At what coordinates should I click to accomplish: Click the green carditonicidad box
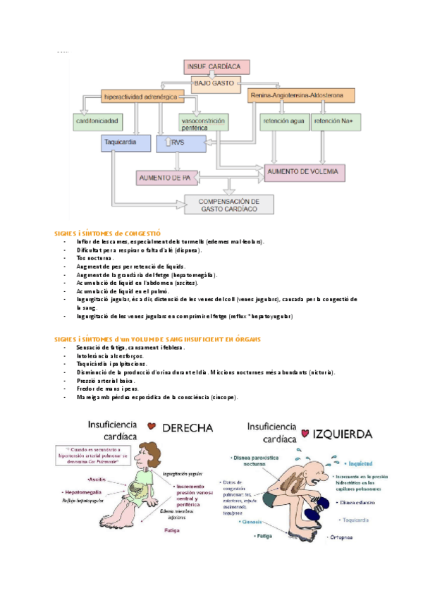[x=102, y=121]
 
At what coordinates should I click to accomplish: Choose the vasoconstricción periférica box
[x=203, y=122]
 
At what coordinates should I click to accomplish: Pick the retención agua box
[x=284, y=121]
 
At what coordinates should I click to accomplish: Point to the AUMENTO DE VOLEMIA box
[x=307, y=171]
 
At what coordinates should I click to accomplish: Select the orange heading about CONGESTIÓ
[x=108, y=232]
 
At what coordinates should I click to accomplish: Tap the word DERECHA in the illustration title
[x=188, y=427]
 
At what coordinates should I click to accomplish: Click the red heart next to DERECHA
[x=152, y=426]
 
